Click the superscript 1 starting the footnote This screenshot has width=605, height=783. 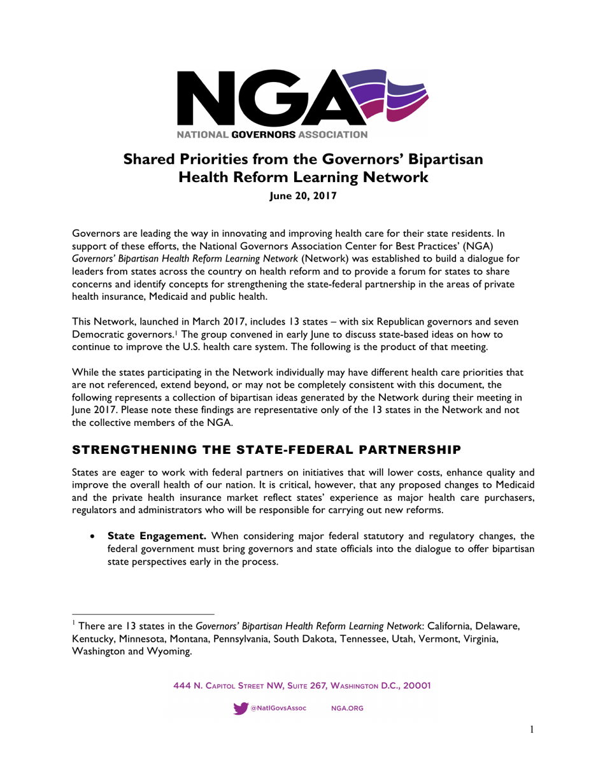(x=73, y=623)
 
